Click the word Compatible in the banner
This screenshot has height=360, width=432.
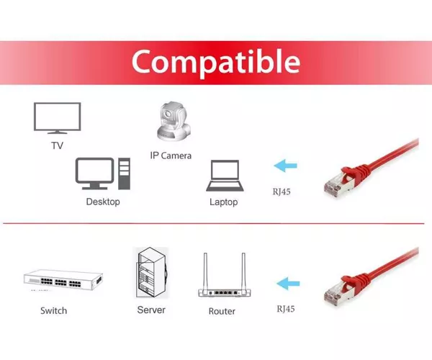216,63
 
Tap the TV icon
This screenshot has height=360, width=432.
58,118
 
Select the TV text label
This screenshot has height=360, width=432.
58,145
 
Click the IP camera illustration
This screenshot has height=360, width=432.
174,122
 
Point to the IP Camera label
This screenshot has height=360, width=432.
171,156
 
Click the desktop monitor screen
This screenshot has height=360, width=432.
94,170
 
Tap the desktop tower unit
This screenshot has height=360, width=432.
124,174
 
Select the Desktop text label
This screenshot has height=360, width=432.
103,202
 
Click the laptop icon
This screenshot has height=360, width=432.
225,176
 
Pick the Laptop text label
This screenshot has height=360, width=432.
224,202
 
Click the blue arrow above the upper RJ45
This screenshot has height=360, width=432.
285,166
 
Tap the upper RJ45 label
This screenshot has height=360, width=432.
282,192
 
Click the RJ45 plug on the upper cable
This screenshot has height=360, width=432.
338,183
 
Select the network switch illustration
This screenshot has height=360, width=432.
63,281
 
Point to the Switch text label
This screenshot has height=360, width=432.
54,311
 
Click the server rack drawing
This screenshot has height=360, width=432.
151,272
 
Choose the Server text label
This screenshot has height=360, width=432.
151,310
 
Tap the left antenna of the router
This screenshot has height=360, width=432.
205,271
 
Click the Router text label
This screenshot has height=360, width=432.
222,311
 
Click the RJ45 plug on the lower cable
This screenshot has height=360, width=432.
338,291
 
